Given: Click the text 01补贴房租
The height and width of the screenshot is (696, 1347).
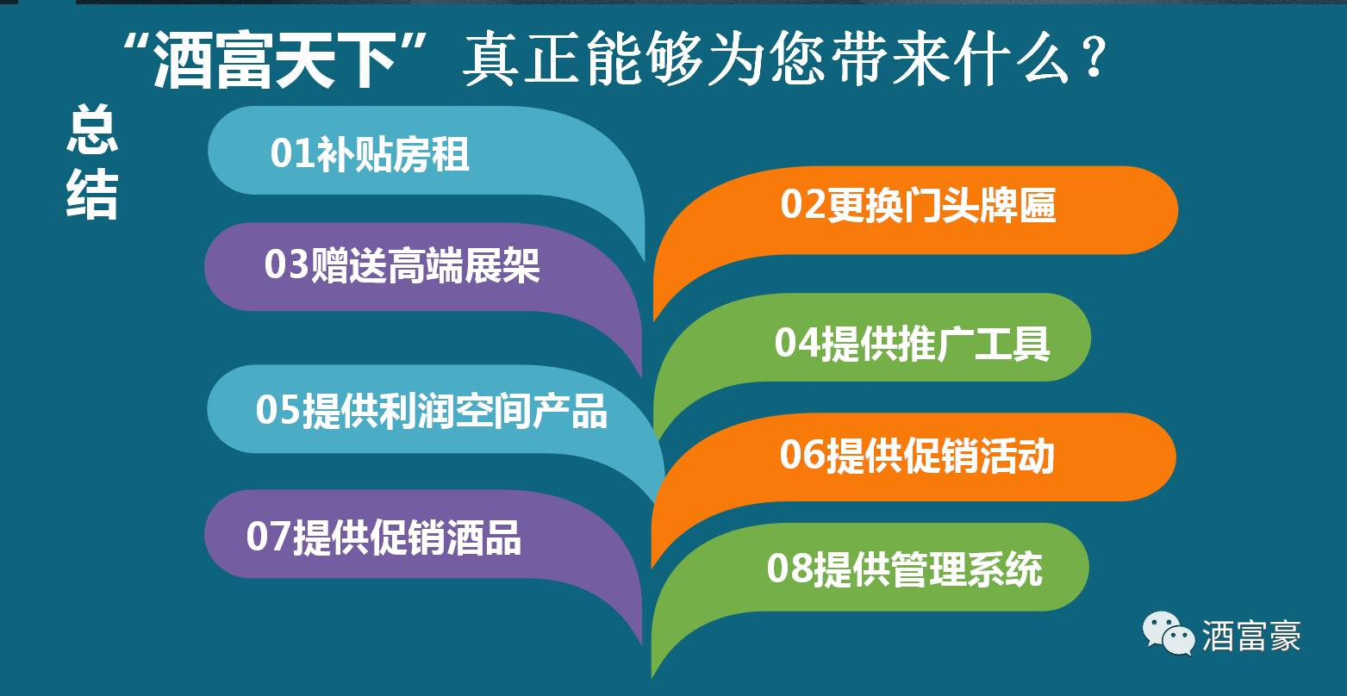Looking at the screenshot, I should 370,154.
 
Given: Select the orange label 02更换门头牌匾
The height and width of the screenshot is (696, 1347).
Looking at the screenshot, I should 918,207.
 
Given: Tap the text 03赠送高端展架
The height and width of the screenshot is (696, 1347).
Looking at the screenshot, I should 402,265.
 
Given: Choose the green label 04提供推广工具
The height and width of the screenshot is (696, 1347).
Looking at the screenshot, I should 912,342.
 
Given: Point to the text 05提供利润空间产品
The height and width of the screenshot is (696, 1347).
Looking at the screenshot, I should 431,411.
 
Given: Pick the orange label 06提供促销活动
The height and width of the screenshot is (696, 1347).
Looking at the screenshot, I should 917,455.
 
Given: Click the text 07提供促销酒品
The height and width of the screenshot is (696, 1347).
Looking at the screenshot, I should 384,537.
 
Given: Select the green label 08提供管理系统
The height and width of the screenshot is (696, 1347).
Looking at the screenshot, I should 904,569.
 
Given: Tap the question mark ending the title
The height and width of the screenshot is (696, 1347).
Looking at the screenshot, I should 1093,62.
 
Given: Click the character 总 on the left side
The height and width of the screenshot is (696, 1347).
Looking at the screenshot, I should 92,131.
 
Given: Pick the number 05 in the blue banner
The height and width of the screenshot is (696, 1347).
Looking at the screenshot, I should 278,412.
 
